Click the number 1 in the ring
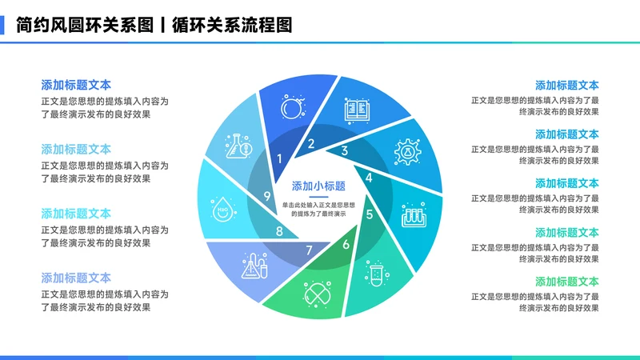click(279, 158)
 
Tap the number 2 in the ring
click(311, 144)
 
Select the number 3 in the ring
click(345, 150)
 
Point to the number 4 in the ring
click(369, 178)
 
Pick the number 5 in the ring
click(370, 214)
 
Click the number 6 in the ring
click(346, 244)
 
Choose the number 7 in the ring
click(309, 250)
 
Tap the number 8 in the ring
click(279, 232)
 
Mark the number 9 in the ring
click(268, 196)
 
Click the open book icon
click(356, 110)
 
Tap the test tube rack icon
click(414, 211)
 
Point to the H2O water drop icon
click(222, 211)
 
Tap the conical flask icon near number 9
click(241, 145)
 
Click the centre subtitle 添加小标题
click(318, 186)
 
